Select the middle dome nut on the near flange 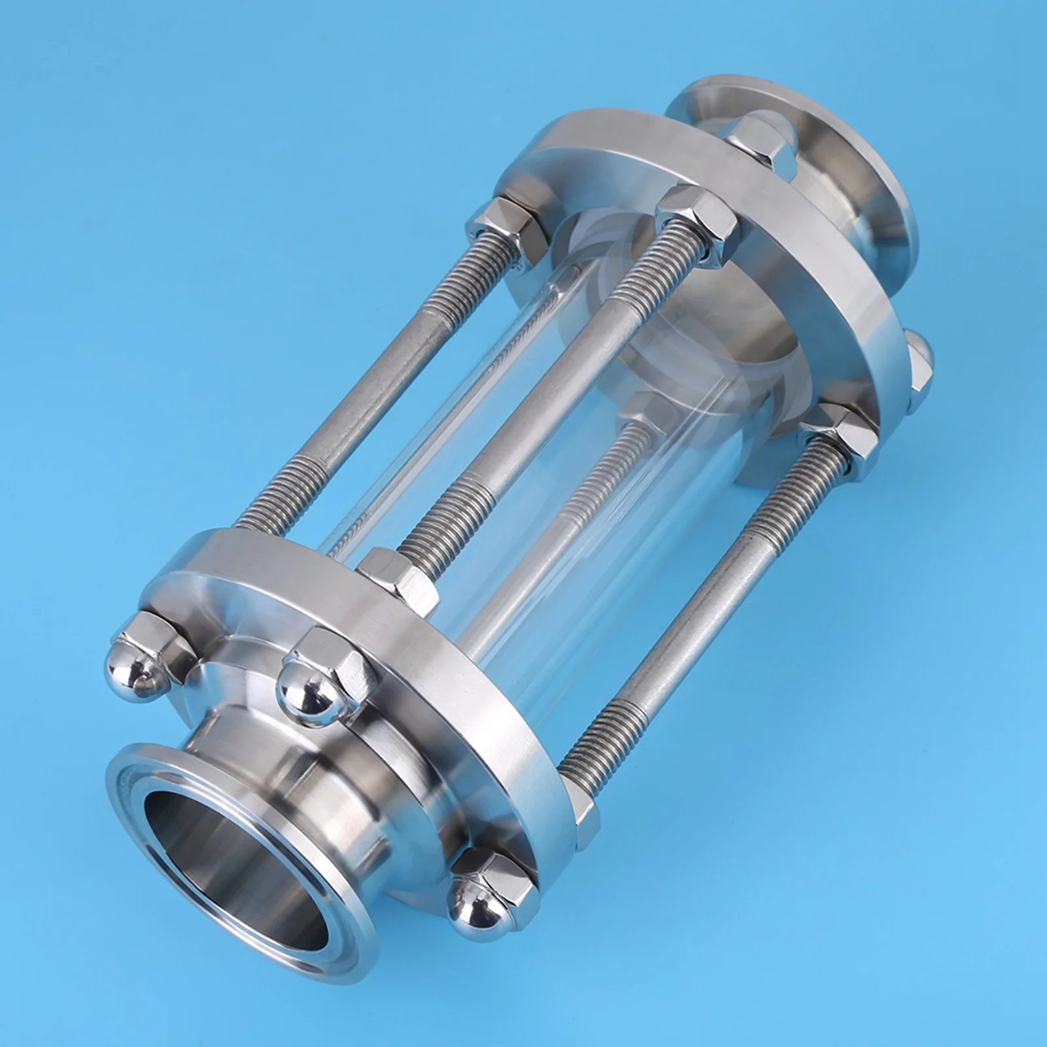307,687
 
